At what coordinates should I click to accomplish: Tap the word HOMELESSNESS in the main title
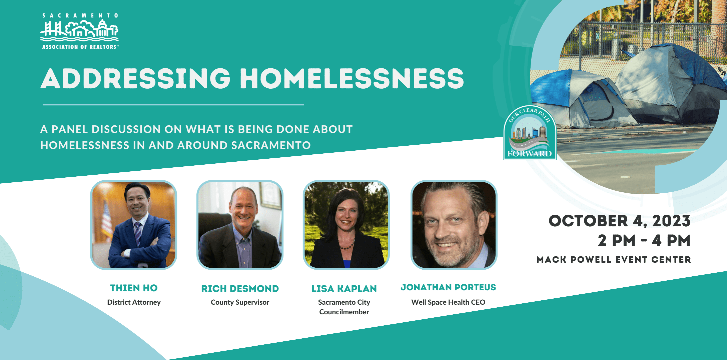point(352,79)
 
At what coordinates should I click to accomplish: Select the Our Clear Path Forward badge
point(530,133)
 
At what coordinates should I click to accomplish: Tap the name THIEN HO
point(134,288)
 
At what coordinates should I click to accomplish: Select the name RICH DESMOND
point(240,289)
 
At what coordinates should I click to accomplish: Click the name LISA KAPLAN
point(344,289)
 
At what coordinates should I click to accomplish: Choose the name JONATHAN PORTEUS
point(448,287)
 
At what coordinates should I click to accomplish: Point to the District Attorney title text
point(134,302)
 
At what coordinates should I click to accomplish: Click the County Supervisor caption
point(240,302)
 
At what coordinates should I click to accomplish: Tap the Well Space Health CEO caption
point(448,302)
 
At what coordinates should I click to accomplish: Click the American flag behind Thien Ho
point(106,220)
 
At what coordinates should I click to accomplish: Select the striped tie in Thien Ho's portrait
point(138,233)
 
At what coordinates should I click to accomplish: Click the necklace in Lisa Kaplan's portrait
point(347,245)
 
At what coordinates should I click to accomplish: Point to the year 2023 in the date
point(671,221)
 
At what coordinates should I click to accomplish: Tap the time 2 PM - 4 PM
point(644,241)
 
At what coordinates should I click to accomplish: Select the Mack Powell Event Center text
point(614,260)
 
